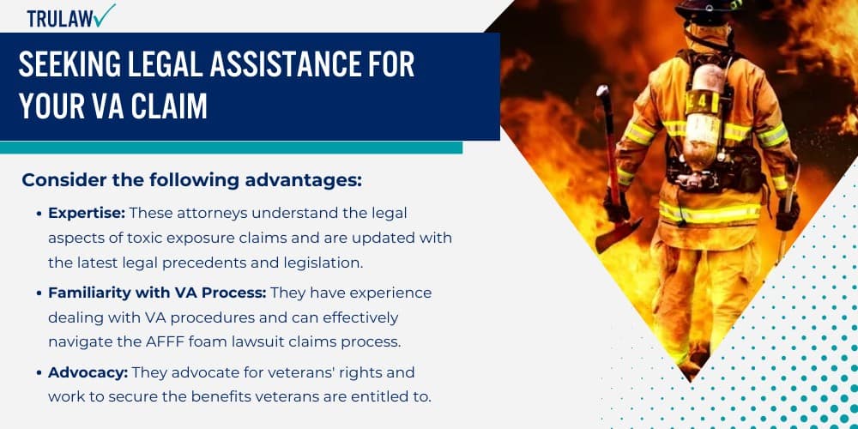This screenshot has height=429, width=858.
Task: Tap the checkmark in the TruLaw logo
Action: [x=105, y=15]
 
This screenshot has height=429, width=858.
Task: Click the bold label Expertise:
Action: [x=87, y=213]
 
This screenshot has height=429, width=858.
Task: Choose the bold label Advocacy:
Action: [x=85, y=372]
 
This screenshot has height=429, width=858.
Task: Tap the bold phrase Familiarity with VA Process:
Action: [x=150, y=293]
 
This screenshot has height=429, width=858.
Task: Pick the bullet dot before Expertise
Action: [x=39, y=214]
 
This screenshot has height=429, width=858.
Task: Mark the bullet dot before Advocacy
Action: [x=39, y=373]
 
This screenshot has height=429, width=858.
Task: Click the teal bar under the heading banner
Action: [x=231, y=148]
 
